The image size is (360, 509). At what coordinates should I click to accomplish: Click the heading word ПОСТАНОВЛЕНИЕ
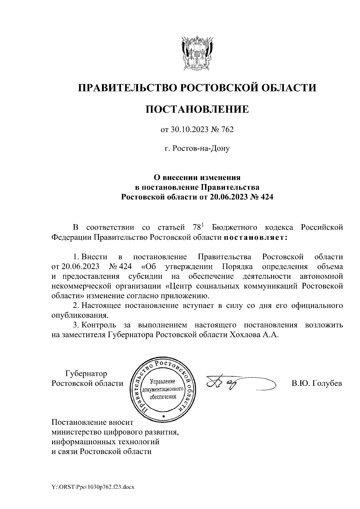(x=197, y=109)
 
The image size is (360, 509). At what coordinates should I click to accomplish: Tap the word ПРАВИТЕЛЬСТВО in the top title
(x=126, y=88)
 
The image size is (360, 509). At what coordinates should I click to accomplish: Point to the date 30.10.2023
(x=187, y=130)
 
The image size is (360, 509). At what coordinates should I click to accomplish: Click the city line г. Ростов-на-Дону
(x=197, y=148)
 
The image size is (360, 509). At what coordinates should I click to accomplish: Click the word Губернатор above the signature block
(x=86, y=374)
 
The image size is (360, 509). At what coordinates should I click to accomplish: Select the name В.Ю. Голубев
(x=316, y=383)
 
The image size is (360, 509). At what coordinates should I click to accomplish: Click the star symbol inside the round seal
(x=163, y=417)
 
